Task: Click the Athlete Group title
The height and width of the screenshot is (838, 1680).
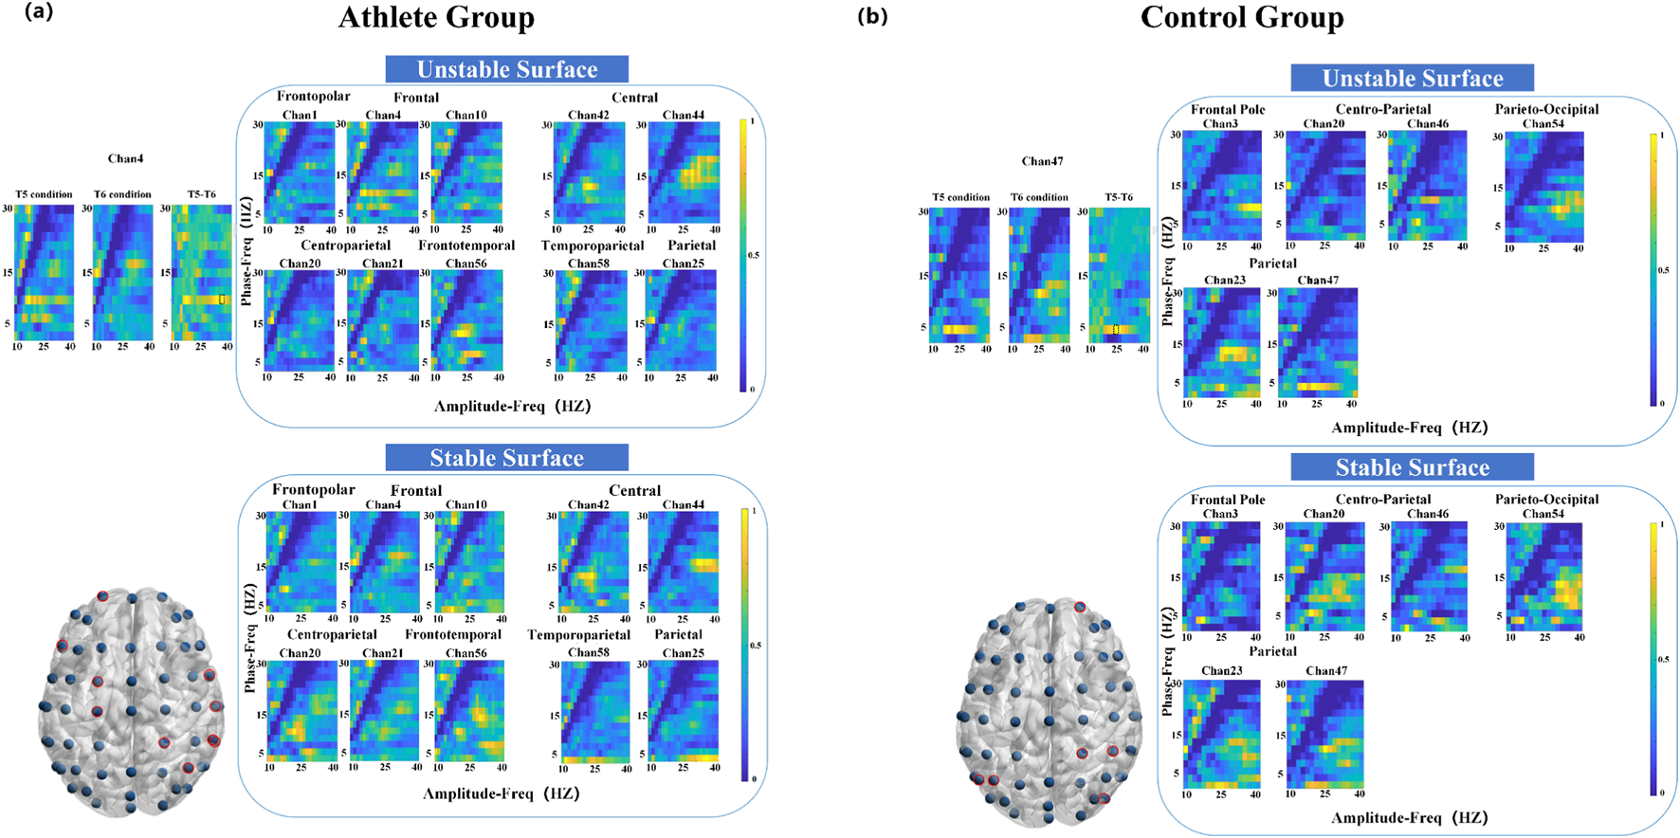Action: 436,17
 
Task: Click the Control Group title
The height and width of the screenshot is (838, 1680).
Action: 1241,17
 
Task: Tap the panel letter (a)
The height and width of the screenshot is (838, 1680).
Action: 39,11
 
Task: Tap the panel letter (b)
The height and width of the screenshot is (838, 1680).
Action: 872,15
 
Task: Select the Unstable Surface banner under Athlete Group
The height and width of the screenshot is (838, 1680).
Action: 506,69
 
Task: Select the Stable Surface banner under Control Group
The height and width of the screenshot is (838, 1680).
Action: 1412,467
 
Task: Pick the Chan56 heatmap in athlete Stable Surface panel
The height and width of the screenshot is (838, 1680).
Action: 469,710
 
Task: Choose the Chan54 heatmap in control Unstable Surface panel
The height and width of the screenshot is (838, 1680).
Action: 1543,187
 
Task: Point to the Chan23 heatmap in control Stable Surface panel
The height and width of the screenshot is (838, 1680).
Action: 1222,734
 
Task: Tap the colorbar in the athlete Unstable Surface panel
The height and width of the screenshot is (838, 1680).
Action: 743,255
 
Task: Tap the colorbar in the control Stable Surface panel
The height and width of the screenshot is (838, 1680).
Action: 1654,659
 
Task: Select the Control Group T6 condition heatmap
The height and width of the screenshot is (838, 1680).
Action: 1039,275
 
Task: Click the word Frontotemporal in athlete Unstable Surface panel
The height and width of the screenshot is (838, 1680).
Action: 466,246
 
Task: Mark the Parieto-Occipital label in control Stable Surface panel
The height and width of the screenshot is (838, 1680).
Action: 1546,500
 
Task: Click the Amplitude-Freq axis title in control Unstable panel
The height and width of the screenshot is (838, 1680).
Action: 1409,428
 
